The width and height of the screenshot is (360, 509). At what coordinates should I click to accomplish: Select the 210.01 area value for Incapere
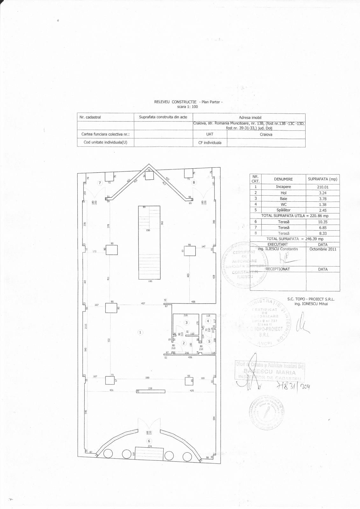pyautogui.click(x=322, y=187)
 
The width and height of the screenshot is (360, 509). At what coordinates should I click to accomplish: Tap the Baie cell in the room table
pyautogui.click(x=283, y=199)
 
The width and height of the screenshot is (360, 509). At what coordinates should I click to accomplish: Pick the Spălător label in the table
pyautogui.click(x=283, y=210)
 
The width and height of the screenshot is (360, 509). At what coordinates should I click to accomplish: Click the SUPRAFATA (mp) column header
pyautogui.click(x=322, y=179)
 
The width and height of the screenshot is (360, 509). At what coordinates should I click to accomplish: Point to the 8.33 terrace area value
pyautogui.click(x=322, y=233)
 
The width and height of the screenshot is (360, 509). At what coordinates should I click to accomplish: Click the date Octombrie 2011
pyautogui.click(x=322, y=249)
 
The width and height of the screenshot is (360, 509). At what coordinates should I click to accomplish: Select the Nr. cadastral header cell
pyautogui.click(x=90, y=117)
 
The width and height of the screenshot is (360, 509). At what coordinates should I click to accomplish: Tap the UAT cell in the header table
pyautogui.click(x=209, y=134)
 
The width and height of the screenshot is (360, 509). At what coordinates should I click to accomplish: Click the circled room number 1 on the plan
pyautogui.click(x=140, y=332)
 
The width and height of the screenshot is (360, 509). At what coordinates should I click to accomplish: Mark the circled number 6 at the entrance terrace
pyautogui.click(x=149, y=441)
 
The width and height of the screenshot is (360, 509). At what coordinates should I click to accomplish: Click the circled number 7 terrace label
pyautogui.click(x=100, y=183)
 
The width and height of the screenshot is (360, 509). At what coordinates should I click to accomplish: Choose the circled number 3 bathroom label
pyautogui.click(x=187, y=323)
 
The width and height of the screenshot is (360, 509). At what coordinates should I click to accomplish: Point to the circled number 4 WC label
pyautogui.click(x=208, y=321)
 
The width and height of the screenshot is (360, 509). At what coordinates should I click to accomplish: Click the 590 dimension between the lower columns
pyautogui.click(x=147, y=378)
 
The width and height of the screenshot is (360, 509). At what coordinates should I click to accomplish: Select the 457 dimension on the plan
pyautogui.click(x=143, y=303)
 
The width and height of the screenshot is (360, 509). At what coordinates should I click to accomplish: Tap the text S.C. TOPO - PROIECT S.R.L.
pyautogui.click(x=311, y=299)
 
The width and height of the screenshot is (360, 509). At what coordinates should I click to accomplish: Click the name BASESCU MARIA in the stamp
pyautogui.click(x=270, y=372)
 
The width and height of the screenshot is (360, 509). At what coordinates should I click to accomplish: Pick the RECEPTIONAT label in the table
pyautogui.click(x=278, y=269)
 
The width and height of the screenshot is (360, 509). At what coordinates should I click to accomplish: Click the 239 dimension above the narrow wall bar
pyautogui.click(x=151, y=388)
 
